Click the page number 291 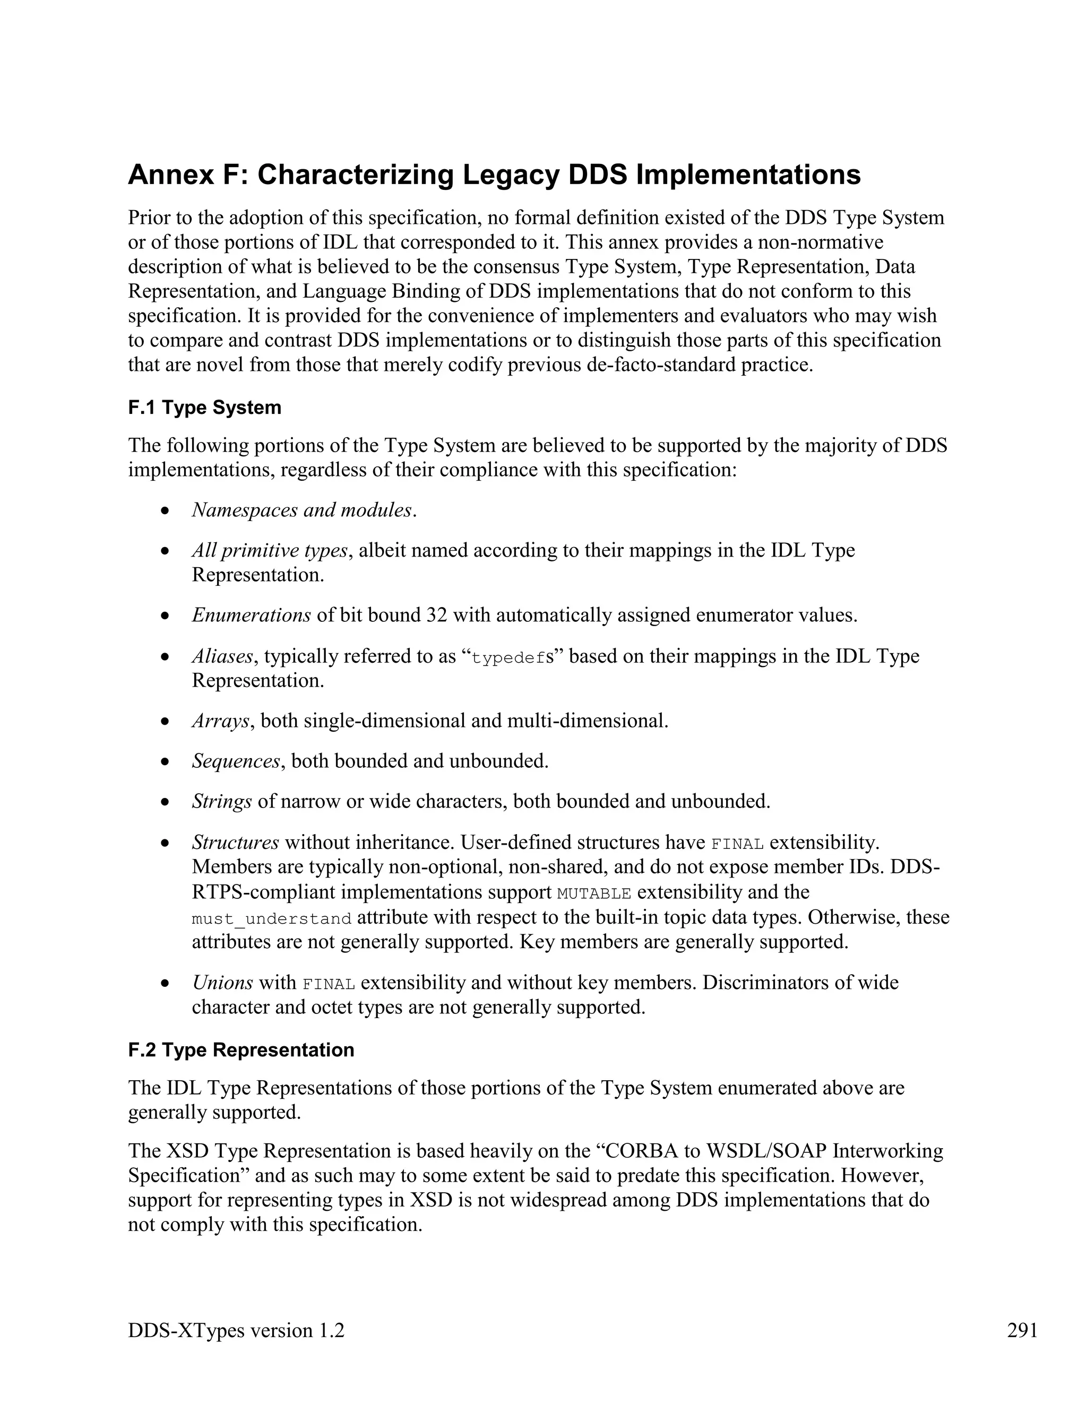[x=1022, y=1330]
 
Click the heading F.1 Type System [x=205, y=407]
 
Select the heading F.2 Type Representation [x=241, y=1050]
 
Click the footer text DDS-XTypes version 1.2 [x=236, y=1330]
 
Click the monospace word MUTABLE [x=593, y=893]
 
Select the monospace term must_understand [x=271, y=918]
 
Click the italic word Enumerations [x=251, y=615]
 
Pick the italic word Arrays [x=220, y=721]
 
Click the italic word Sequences [x=236, y=761]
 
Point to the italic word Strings [x=221, y=802]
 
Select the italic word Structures [x=235, y=842]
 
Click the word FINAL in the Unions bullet [x=329, y=984]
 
